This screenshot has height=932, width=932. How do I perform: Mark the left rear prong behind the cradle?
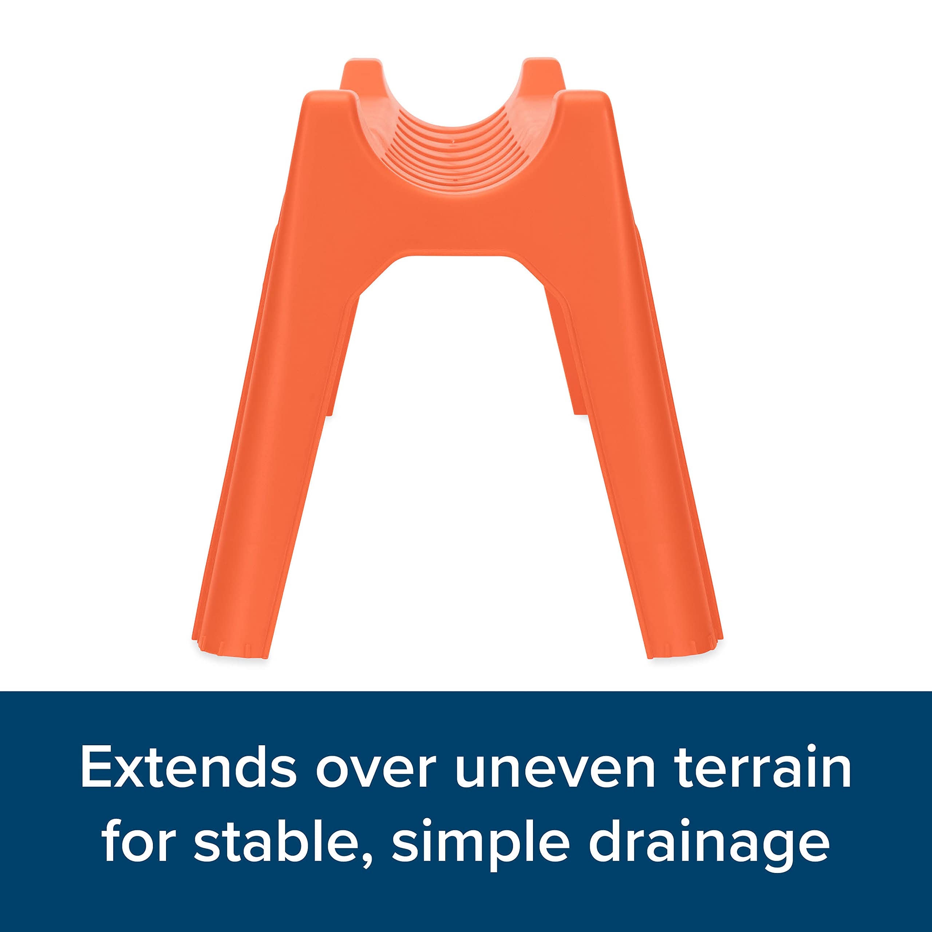(362, 72)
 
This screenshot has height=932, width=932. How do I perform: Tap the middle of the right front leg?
(632, 434)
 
